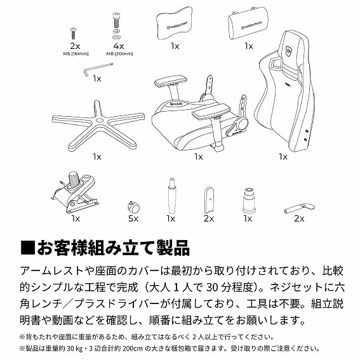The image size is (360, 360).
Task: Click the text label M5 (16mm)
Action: click(x=75, y=53)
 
